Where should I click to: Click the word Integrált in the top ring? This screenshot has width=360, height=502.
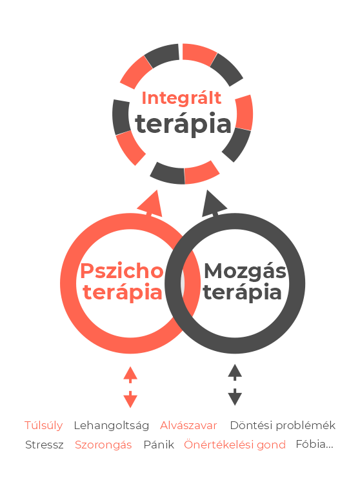(181, 99)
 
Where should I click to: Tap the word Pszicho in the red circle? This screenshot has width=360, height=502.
(122, 271)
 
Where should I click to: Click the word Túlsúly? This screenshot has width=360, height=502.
(43, 425)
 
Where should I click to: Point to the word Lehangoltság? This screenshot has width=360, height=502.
(112, 426)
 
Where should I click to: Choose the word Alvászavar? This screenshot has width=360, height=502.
(188, 425)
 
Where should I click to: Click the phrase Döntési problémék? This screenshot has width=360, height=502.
(283, 425)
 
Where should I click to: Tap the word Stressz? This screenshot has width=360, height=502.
(44, 445)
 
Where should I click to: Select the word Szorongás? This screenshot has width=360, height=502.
(103, 445)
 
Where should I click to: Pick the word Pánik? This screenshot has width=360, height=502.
(159, 445)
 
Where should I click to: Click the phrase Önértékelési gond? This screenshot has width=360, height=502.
(235, 445)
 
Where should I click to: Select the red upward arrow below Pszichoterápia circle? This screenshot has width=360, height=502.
(130, 375)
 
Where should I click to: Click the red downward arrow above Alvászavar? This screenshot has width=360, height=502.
(130, 399)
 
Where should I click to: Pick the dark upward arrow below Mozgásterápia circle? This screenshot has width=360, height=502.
(235, 372)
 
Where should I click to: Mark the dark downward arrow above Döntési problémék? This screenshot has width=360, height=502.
(235, 397)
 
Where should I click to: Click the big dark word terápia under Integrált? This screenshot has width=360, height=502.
(183, 125)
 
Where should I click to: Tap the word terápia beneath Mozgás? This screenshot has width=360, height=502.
(242, 293)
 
